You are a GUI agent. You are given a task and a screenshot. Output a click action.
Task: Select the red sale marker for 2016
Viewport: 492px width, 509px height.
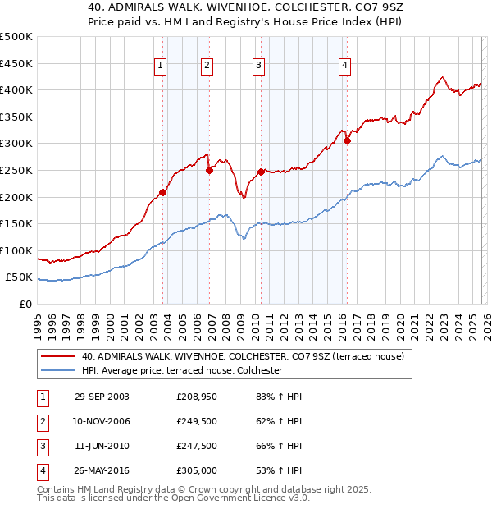pyautogui.click(x=347, y=140)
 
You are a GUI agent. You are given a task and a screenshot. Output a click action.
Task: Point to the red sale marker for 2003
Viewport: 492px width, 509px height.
pyautogui.click(x=163, y=192)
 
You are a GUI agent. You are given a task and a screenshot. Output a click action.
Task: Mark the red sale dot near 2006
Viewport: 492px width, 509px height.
pyautogui.click(x=209, y=171)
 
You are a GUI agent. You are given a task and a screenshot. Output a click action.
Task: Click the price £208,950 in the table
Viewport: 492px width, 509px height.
pyautogui.click(x=195, y=397)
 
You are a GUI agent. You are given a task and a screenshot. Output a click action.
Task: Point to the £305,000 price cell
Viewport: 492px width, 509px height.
pyautogui.click(x=195, y=470)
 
